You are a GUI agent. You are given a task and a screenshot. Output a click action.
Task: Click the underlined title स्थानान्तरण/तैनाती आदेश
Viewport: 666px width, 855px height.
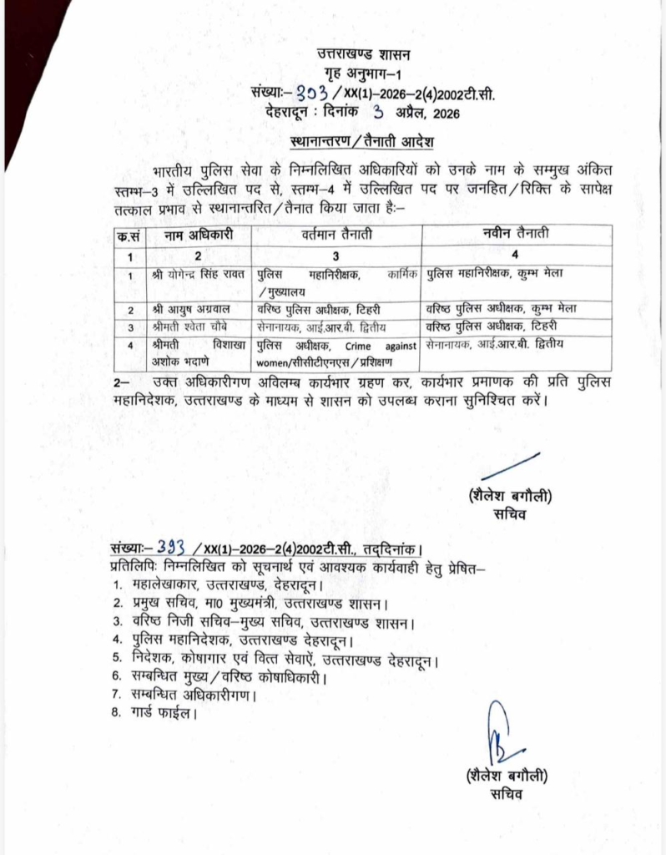coord(363,138)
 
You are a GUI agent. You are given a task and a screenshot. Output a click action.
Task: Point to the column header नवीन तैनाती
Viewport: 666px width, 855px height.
coord(516,235)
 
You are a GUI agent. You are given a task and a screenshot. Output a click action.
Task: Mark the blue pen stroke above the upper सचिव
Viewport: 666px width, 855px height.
coord(511,466)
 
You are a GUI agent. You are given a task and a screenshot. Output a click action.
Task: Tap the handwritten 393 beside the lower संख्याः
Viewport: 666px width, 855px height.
coord(170,548)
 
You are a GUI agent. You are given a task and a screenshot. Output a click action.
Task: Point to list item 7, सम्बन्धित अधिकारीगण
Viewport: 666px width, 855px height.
coord(194,695)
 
